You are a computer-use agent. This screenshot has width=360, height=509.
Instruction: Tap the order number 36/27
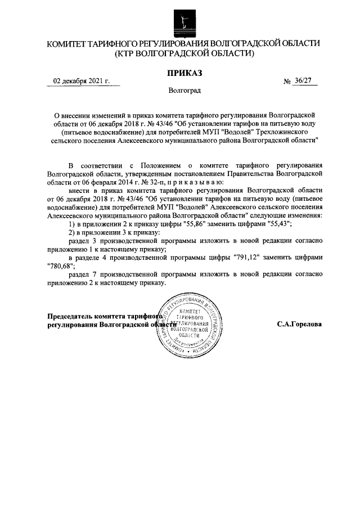(x=302, y=82)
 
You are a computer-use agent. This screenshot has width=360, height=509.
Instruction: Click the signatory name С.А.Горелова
(x=299, y=325)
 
